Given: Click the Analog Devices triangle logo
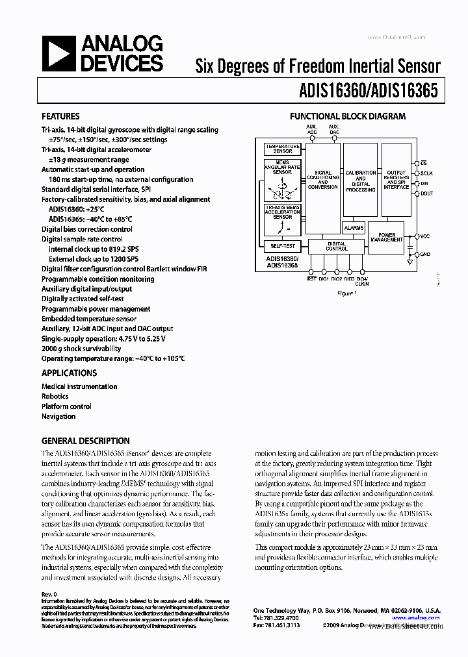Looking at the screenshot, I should (x=57, y=54).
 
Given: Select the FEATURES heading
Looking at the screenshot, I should (x=60, y=117).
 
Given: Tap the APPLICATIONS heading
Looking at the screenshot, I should (x=69, y=373).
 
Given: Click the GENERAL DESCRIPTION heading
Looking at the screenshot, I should (x=85, y=441).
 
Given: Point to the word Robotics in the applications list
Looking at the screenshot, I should (x=55, y=397).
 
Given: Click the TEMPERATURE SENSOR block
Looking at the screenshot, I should (x=282, y=149).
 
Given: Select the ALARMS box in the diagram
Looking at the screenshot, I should (x=354, y=228).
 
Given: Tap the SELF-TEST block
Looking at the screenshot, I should (x=282, y=246).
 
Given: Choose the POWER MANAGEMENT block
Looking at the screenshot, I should (x=387, y=237).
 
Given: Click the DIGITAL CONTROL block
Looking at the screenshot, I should (x=337, y=246).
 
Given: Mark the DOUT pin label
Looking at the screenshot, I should (x=426, y=193).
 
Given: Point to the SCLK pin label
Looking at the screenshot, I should (x=426, y=173).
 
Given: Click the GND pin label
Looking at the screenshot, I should (x=425, y=254).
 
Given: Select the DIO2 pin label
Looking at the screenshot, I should (x=336, y=279).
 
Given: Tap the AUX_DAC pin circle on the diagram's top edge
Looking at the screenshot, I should (x=333, y=138).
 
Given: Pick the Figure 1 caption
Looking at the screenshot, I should (x=347, y=293).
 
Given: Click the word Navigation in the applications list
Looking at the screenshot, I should (x=58, y=416).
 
